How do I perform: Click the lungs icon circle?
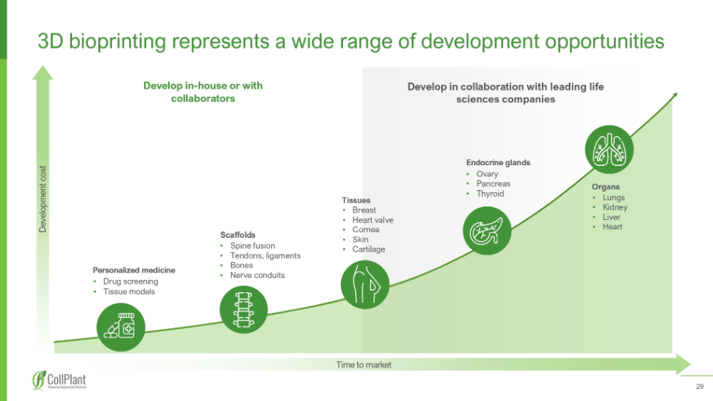tap(608, 148)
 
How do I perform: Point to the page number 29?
tap(699, 387)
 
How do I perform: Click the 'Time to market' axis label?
tap(364, 365)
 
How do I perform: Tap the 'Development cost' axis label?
tap(44, 198)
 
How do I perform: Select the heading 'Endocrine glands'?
tap(498, 162)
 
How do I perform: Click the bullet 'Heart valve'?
tap(372, 220)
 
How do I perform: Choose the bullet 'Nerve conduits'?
tap(257, 275)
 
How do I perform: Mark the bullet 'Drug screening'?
tap(131, 282)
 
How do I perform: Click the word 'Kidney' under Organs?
tap(615, 207)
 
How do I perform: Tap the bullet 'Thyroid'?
tap(490, 194)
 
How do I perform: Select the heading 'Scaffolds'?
tap(237, 234)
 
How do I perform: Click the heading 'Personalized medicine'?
tap(134, 270)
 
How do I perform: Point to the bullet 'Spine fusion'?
tap(252, 246)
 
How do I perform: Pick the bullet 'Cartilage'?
tap(369, 249)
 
